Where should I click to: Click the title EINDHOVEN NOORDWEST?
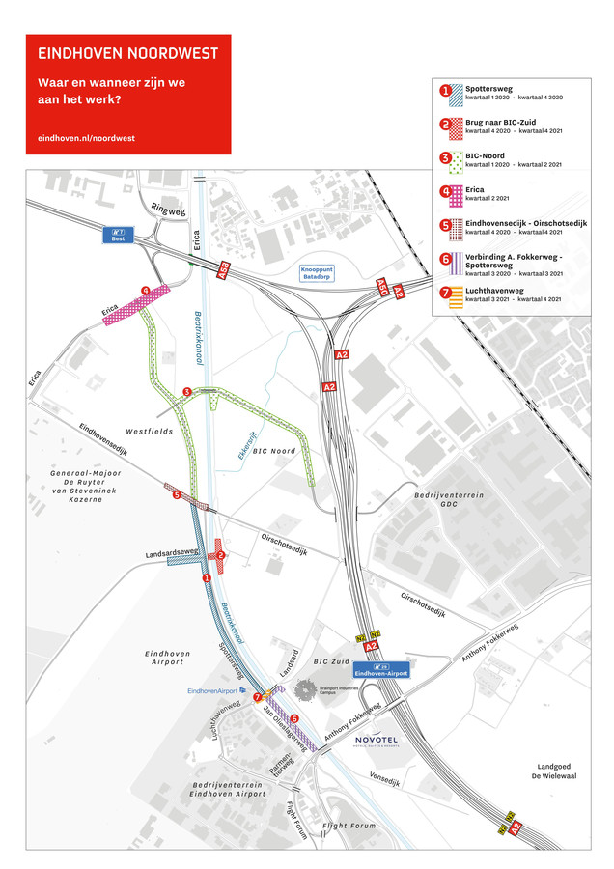(x=127, y=53)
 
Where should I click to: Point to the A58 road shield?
(x=225, y=274)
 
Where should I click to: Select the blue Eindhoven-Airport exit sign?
(x=380, y=669)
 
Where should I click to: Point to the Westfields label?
(x=148, y=431)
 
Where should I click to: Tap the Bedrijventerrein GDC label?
(x=449, y=499)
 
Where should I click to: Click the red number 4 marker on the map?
(x=146, y=290)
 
